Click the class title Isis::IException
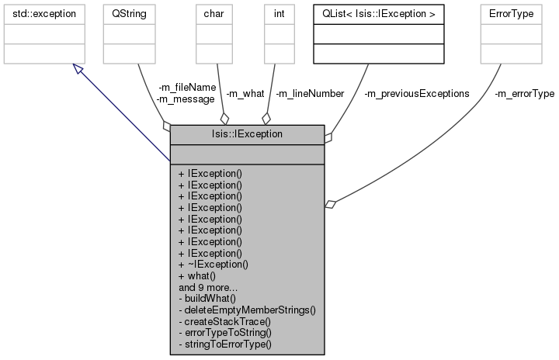pyautogui.click(x=247, y=134)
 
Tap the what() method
pyautogui.click(x=200, y=275)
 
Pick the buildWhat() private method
pyautogui.click(x=210, y=298)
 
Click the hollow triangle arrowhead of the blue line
pyautogui.click(x=78, y=70)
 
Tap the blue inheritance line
pyautogui.click(x=124, y=116)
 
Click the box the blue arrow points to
pyautogui.click(x=43, y=34)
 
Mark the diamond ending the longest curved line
pyautogui.click(x=331, y=204)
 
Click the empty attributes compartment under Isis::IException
pyautogui.click(x=247, y=154)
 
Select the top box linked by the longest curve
pyautogui.click(x=510, y=34)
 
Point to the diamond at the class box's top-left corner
pyautogui.click(x=165, y=125)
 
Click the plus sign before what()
pyautogui.click(x=181, y=275)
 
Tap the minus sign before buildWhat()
pyautogui.click(x=180, y=298)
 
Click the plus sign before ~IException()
pyautogui.click(x=181, y=264)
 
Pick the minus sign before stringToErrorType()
pyautogui.click(x=180, y=343)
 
